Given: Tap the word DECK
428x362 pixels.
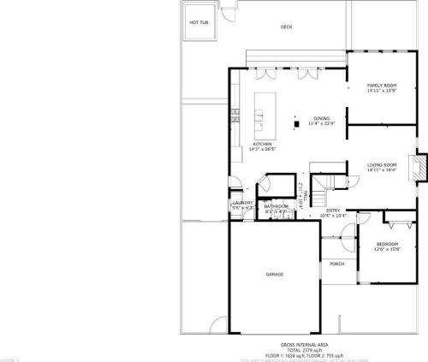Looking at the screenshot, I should tap(287, 27).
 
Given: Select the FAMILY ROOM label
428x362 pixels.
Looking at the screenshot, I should tap(382, 86).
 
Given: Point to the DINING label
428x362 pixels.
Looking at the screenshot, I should tap(322, 118).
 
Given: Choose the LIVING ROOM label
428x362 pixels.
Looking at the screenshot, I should tap(382, 164).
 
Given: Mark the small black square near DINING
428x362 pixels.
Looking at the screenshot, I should tap(296, 124).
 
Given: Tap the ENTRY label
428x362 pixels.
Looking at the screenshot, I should tap(332, 211).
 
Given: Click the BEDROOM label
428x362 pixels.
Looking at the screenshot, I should tap(387, 244).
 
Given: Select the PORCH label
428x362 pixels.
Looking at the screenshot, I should tap(337, 264).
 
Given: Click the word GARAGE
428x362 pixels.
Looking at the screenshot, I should tap(274, 274).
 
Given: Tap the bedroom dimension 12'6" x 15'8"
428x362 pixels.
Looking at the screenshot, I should tap(387, 250).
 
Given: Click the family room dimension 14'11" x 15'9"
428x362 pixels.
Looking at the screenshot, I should tap(382, 92).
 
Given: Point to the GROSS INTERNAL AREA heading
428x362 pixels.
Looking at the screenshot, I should tap(306, 344).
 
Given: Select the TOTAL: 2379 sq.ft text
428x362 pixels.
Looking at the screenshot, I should tap(306, 349).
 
